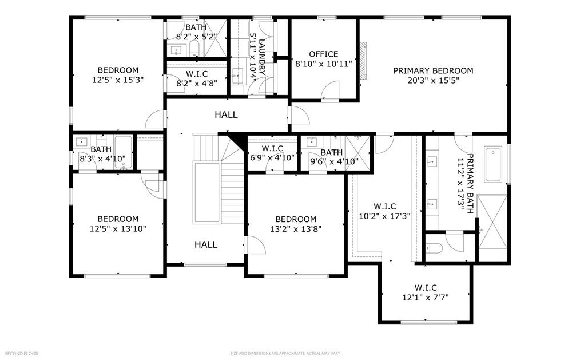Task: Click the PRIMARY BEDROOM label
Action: click(x=433, y=70)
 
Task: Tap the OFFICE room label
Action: click(x=324, y=54)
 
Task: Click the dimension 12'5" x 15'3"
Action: click(x=118, y=80)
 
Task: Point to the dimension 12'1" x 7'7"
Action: click(x=426, y=297)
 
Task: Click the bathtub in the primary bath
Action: click(x=493, y=165)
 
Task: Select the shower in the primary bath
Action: click(x=492, y=221)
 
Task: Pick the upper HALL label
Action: click(x=226, y=114)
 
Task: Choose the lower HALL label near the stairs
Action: click(x=206, y=244)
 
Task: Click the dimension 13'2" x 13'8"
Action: click(x=296, y=229)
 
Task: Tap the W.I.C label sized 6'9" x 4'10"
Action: click(x=272, y=149)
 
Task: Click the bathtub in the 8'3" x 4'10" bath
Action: click(x=123, y=152)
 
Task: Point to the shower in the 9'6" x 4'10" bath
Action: click(x=357, y=153)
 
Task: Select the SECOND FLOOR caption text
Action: click(x=22, y=354)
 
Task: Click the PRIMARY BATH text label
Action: click(x=470, y=184)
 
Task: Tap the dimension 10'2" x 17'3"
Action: click(x=385, y=216)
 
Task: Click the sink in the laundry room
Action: click(x=237, y=77)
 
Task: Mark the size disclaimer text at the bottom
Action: click(x=285, y=354)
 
